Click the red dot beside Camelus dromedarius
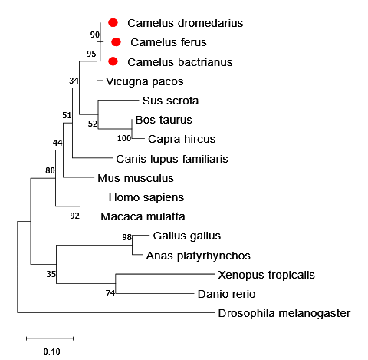tap(113, 23)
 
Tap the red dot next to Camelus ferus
tap(116, 42)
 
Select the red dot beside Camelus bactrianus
tap(113, 61)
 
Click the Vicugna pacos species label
tap(145, 81)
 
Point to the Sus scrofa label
tap(170, 101)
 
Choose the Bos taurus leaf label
tap(164, 120)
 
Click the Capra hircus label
tap(182, 139)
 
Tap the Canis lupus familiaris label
tap(172, 159)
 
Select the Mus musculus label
tap(136, 178)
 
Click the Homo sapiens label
tap(146, 197)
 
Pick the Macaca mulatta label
tap(143, 216)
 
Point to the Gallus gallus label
tap(187, 236)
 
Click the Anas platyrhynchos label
tap(199, 256)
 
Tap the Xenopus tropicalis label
tap(266, 275)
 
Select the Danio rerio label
tap(226, 294)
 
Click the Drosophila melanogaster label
tap(284, 313)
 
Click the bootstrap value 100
tap(124, 138)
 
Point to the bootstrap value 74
tap(110, 293)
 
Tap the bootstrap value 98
tap(127, 237)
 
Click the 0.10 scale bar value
tap(51, 352)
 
